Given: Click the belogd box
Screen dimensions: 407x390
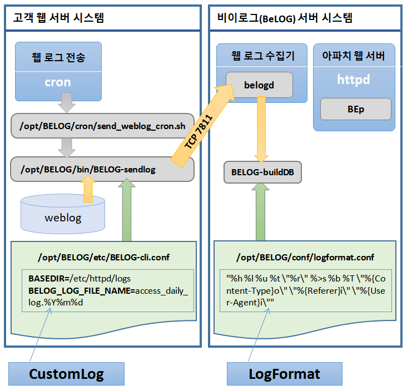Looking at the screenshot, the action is tap(259, 85).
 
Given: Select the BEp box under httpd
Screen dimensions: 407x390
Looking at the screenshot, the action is tap(356, 109).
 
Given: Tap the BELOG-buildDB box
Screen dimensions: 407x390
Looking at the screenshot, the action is tap(262, 172).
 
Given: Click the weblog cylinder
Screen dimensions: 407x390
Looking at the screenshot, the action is tap(63, 214).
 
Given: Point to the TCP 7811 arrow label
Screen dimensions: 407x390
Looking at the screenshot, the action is tap(198, 132).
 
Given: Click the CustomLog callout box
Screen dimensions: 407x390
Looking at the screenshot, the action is tap(67, 374).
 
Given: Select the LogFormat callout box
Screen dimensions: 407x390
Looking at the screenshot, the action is tap(285, 374).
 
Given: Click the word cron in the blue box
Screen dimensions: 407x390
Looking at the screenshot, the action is tap(58, 82).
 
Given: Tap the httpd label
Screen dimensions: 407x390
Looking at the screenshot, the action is tap(354, 79).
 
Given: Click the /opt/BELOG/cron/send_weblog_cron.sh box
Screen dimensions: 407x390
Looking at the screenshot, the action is tap(102, 126).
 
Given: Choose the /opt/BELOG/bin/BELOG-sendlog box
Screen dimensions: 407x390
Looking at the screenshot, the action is tap(102, 169).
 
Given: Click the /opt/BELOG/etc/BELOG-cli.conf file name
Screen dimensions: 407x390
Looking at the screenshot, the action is tap(103, 258).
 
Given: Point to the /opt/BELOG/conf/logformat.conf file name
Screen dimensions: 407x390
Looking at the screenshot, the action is tap(305, 258).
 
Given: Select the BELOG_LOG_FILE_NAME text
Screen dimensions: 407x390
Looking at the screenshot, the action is tap(80, 291).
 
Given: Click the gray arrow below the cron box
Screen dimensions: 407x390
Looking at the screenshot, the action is tap(67, 103).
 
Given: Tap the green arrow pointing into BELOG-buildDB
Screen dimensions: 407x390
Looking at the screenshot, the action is tap(260, 212).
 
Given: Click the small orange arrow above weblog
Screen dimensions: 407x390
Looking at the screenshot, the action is tap(88, 189).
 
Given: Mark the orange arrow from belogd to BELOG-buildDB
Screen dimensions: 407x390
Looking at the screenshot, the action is tap(261, 129).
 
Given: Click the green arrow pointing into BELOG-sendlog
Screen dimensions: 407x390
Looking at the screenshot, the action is tap(127, 210).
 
